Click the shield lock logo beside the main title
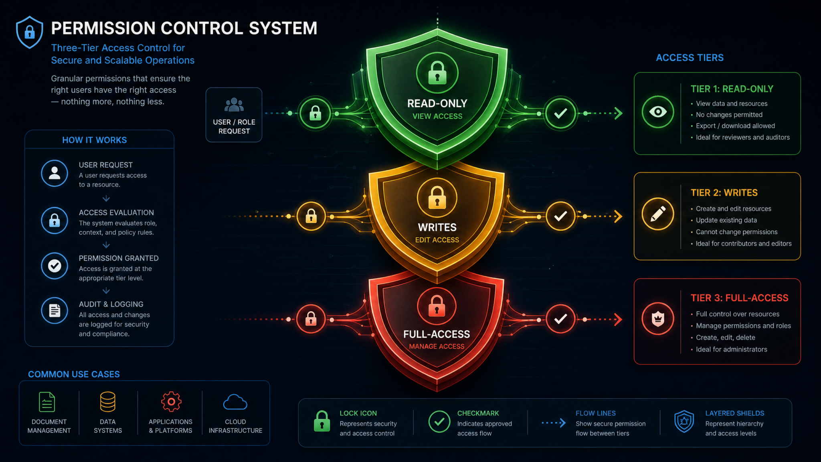[x=29, y=32]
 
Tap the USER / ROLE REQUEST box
[x=234, y=115]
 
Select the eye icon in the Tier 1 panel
[x=658, y=112]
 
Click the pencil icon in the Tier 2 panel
[x=658, y=214]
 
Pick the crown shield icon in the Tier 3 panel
[x=658, y=319]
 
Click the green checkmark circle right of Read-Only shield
[x=560, y=113]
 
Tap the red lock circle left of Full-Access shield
[x=311, y=319]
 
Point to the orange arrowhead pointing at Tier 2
[x=618, y=217]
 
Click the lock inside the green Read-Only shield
[x=437, y=73]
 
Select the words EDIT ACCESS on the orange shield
[x=437, y=240]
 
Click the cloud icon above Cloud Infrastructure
[x=235, y=402]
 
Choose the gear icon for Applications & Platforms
[x=171, y=402]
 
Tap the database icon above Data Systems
[x=108, y=402]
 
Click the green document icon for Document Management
[x=47, y=402]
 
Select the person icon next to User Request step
[x=55, y=173]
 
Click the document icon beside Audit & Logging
[x=55, y=310]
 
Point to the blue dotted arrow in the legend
[x=554, y=423]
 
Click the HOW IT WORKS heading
[x=95, y=140]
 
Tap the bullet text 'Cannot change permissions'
[x=737, y=232]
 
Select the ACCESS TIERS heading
[x=690, y=58]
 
